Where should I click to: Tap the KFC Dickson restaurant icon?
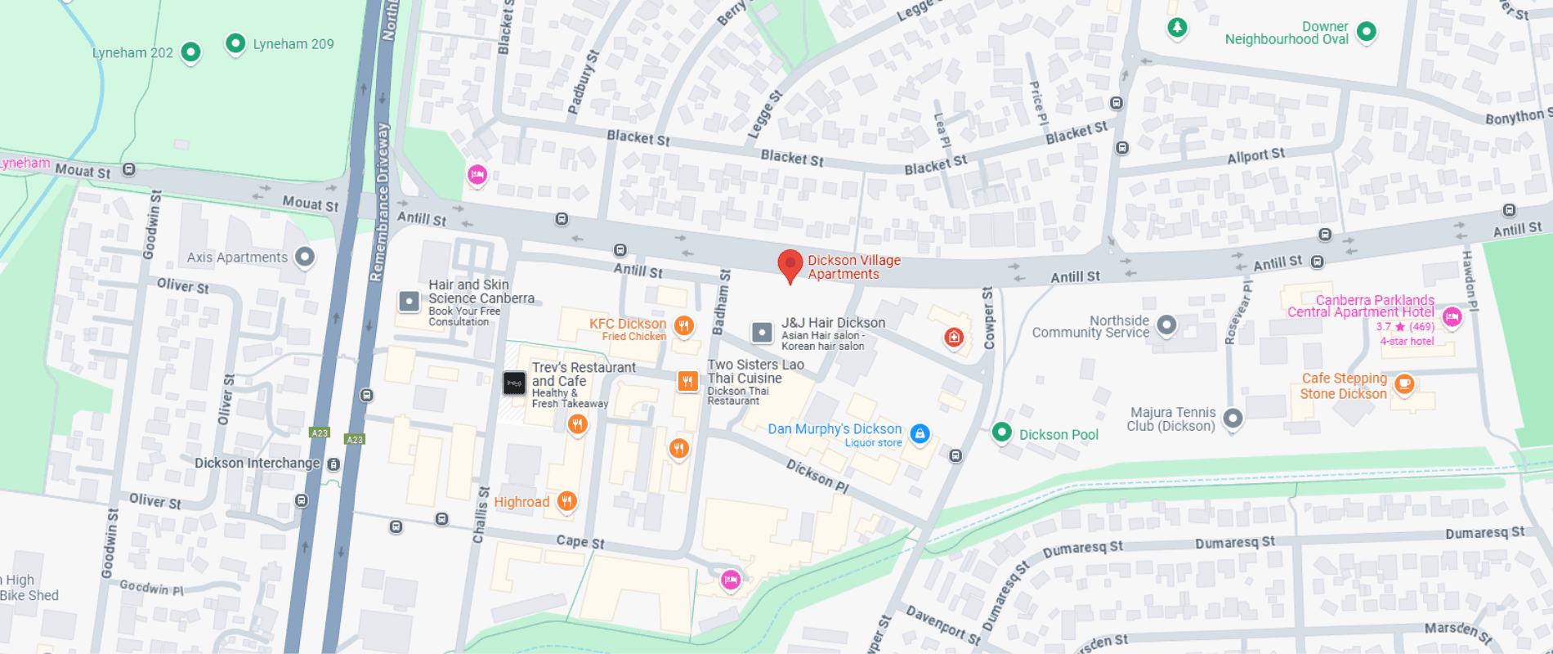click(684, 326)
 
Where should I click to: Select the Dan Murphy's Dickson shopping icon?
click(920, 434)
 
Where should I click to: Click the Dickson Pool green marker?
click(1002, 432)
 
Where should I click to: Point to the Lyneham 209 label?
click(293, 44)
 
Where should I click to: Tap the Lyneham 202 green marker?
click(190, 52)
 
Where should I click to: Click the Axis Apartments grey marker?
click(305, 257)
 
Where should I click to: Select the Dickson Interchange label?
click(257, 463)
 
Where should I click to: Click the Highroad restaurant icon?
click(567, 500)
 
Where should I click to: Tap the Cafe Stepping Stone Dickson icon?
click(1404, 383)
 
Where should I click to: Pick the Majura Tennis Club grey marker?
click(1233, 419)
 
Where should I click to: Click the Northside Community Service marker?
click(1167, 325)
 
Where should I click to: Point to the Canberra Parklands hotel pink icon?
click(1452, 317)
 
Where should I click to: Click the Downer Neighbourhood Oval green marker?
click(1366, 32)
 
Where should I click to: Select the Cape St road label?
click(580, 541)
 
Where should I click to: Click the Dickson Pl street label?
click(817, 475)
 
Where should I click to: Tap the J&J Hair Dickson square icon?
click(762, 332)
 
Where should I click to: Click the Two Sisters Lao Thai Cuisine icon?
click(687, 381)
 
